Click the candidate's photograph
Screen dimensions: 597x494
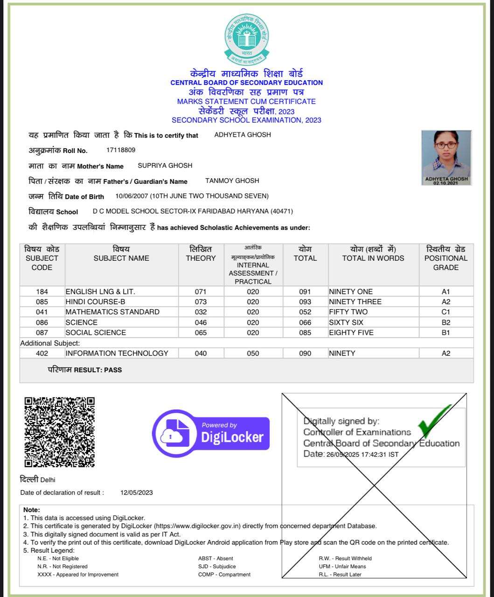(x=446, y=158)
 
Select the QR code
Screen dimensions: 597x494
(x=59, y=432)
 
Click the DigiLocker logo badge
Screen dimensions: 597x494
(x=211, y=433)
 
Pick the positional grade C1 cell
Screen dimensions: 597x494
(x=446, y=312)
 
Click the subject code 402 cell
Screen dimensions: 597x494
(x=42, y=354)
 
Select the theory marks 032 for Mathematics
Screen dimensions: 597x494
(x=201, y=312)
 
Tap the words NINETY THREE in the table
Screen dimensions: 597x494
(x=355, y=302)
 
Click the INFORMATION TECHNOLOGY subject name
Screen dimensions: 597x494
(x=117, y=354)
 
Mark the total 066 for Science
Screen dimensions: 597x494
(x=305, y=322)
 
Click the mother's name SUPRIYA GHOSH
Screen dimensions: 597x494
(x=165, y=166)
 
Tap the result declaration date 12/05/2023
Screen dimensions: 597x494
(x=136, y=493)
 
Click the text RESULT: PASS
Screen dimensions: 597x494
(x=97, y=370)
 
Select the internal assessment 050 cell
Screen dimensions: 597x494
(x=253, y=354)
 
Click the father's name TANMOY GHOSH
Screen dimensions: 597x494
(x=232, y=181)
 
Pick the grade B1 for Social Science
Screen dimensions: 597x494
(x=446, y=333)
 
